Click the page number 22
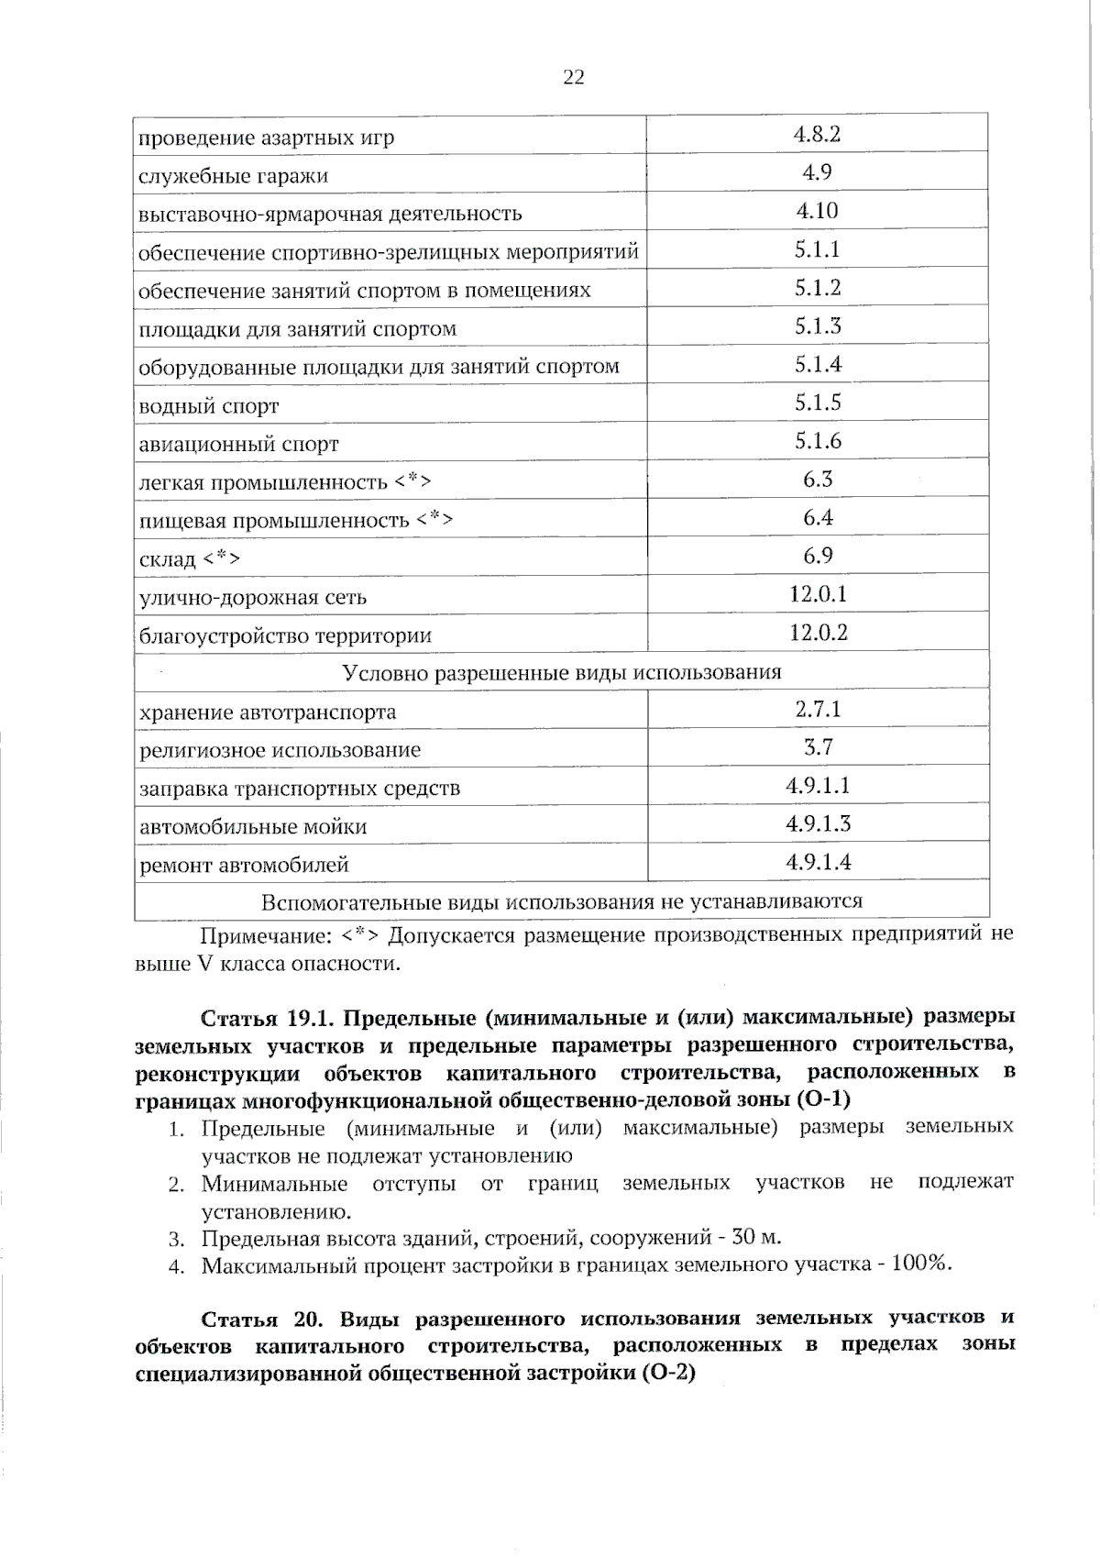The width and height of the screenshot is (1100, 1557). (x=573, y=78)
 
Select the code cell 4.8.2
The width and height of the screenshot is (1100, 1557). (x=817, y=135)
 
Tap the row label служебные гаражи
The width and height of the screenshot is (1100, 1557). (x=233, y=176)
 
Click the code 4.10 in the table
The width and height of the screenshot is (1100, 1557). (x=817, y=211)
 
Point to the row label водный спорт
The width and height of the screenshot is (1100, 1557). (x=208, y=406)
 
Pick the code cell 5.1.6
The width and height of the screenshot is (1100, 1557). (x=818, y=441)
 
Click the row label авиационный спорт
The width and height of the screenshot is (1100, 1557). (x=238, y=445)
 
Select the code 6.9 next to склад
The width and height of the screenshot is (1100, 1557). (x=818, y=556)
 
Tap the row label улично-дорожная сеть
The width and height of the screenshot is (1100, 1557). (x=252, y=598)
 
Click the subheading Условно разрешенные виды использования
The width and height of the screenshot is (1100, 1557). (x=561, y=673)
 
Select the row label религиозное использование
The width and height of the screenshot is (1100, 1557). (x=280, y=750)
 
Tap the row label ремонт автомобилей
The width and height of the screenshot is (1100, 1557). (x=244, y=865)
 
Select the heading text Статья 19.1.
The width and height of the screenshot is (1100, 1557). (x=270, y=1019)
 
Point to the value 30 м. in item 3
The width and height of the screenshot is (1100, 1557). (x=757, y=1238)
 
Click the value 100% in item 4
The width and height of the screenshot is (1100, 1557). (x=919, y=1264)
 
